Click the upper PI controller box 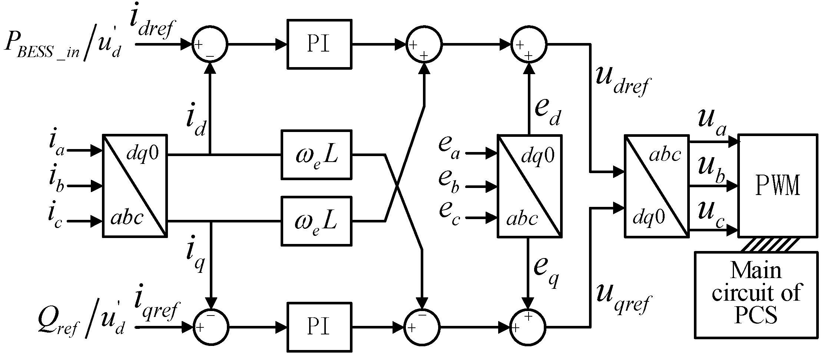[x=319, y=44]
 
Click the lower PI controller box [x=319, y=327]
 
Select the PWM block [x=777, y=186]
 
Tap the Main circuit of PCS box [x=756, y=295]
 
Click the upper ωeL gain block [x=316, y=155]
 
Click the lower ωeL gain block [x=316, y=221]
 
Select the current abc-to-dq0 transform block [x=135, y=186]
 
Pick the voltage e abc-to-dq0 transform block [x=529, y=186]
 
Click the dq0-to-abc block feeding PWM [x=656, y=186]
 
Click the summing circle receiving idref [x=210, y=44]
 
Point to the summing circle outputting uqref [x=528, y=327]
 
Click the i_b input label [x=56, y=180]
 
